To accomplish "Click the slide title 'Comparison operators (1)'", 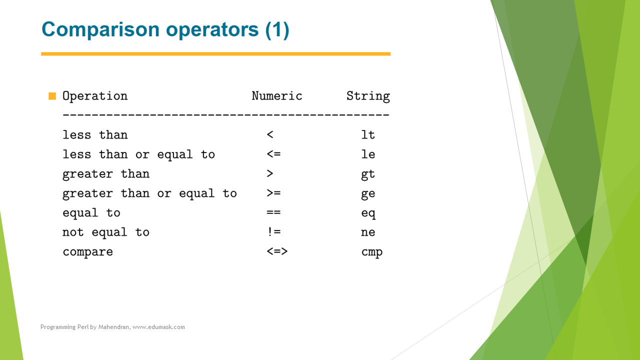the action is pos(165,29).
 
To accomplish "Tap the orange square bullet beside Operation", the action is pos(52,96).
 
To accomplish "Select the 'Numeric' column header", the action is pos(277,96).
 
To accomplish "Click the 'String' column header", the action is pos(368,96).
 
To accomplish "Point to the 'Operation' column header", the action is pos(95,96).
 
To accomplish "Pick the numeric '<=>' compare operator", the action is pos(277,251).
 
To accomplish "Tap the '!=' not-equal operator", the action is pos(273,231).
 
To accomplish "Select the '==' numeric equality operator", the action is pos(273,212).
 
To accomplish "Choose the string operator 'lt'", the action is pos(368,135).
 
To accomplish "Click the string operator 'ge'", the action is pos(368,194).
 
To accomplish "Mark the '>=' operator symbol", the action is pos(273,193).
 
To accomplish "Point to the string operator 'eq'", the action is pos(368,213).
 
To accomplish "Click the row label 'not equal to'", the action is pos(105,232).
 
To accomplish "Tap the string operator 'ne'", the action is pos(368,232).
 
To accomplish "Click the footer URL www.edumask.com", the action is pos(158,327).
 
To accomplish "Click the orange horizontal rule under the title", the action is pos(215,53).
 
